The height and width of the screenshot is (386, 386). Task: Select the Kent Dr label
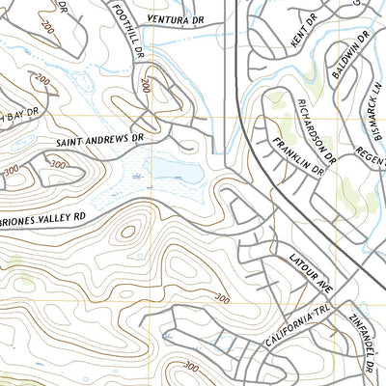(304, 35)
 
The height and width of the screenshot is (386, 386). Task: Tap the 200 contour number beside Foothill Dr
(146, 86)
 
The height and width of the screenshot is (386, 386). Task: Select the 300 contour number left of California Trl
(221, 298)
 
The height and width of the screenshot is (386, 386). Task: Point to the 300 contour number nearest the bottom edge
(190, 367)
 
